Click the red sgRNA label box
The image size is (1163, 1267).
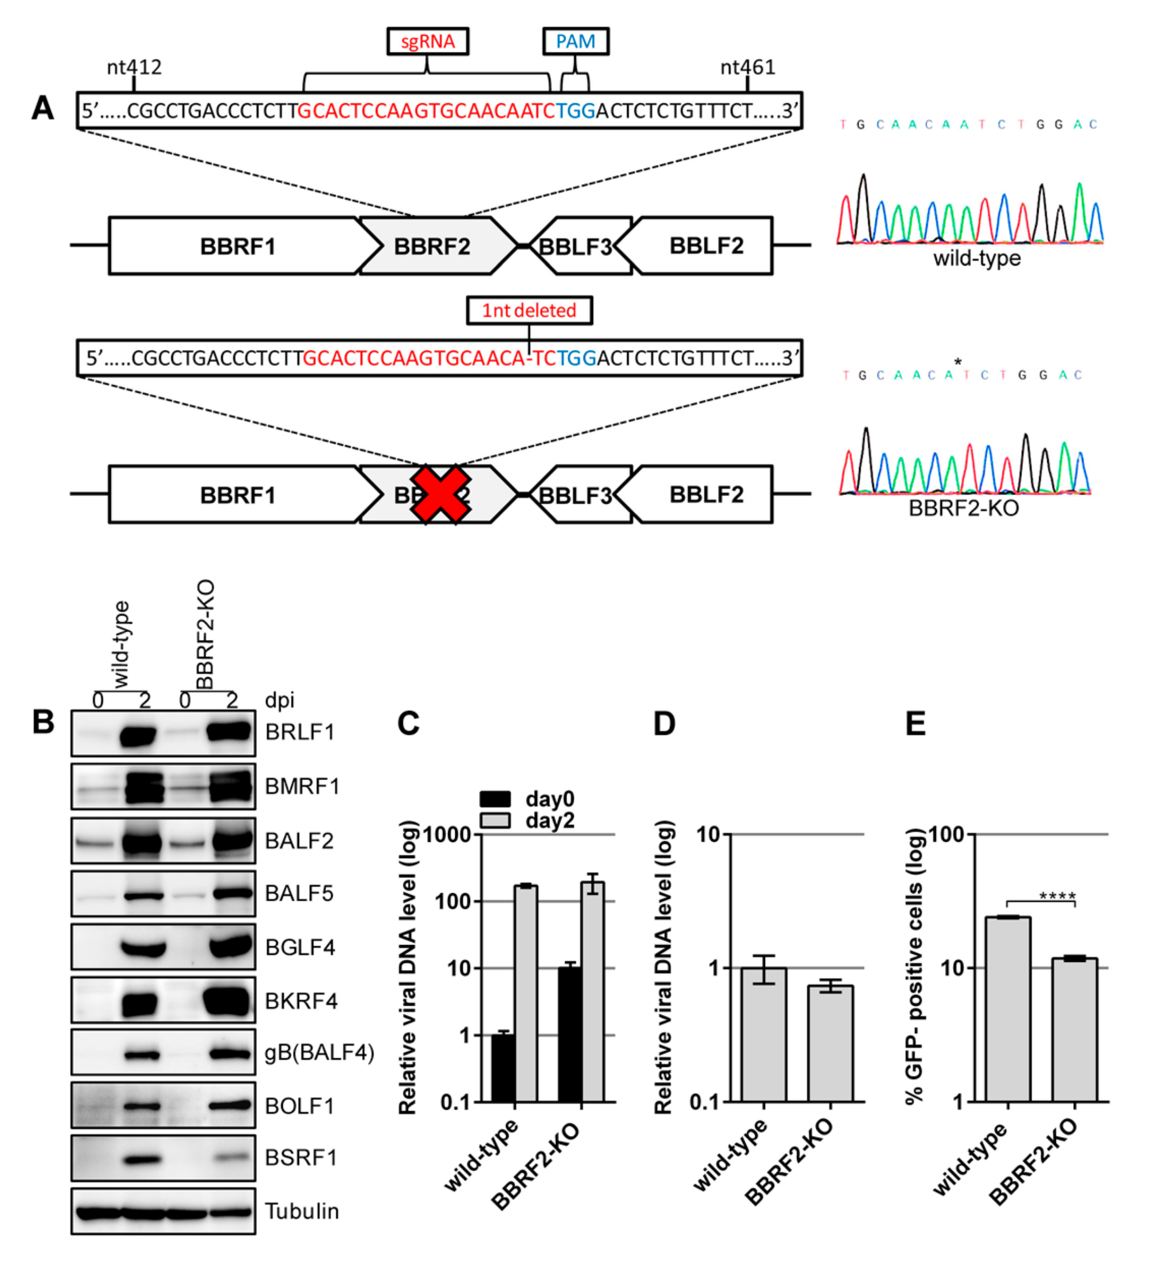click(427, 42)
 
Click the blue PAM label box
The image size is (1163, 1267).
click(575, 42)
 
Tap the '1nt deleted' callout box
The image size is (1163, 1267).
click(529, 311)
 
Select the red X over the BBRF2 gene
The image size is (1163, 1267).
click(440, 495)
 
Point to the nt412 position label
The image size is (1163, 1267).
click(134, 67)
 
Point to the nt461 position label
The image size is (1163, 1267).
click(747, 67)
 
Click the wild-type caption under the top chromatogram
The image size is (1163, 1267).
click(976, 258)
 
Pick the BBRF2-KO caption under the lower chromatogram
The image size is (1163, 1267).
click(963, 507)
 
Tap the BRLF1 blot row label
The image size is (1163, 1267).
click(300, 732)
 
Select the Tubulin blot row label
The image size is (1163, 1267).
click(302, 1211)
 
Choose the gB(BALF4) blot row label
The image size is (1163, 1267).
click(319, 1052)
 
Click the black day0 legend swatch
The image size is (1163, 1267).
click(495, 799)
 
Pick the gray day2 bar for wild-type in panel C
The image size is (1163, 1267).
click(526, 993)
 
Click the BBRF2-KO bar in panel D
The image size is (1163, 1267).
click(830, 1043)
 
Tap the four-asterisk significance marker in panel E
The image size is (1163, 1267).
click(1057, 895)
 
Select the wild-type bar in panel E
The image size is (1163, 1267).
click(1008, 1009)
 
